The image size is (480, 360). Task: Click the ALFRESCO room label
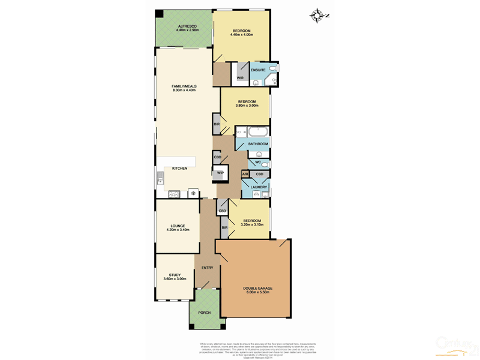click(187, 26)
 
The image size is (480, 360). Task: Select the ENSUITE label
click(259, 71)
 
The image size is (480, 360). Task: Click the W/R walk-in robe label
click(239, 78)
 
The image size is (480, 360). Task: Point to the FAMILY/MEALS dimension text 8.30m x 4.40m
click(184, 91)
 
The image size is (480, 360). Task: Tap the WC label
click(257, 163)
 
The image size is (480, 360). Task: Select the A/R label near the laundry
click(245, 174)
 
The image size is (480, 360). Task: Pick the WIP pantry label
click(220, 173)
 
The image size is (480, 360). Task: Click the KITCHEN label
click(180, 169)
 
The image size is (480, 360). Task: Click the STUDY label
click(175, 275)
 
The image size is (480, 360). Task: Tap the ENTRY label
click(208, 268)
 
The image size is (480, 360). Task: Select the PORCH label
click(204, 313)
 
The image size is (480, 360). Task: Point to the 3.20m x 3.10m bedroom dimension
click(252, 225)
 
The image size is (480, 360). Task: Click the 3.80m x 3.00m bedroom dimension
click(247, 106)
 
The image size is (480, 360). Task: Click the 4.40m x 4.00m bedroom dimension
click(242, 35)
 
